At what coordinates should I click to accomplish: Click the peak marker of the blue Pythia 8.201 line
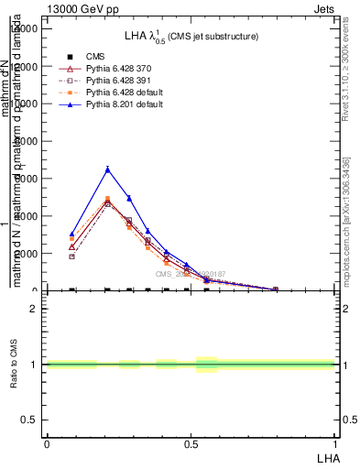tap(108, 169)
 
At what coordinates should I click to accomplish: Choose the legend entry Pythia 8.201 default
tap(124, 105)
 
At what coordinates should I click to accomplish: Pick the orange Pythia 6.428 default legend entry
tap(124, 93)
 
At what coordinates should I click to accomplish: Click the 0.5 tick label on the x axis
tap(191, 443)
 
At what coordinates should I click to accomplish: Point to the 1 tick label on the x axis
tap(335, 443)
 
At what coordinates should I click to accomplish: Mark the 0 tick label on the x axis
tap(47, 443)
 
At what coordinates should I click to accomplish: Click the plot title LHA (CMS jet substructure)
tap(191, 36)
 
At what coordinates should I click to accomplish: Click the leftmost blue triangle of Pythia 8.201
tap(71, 234)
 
